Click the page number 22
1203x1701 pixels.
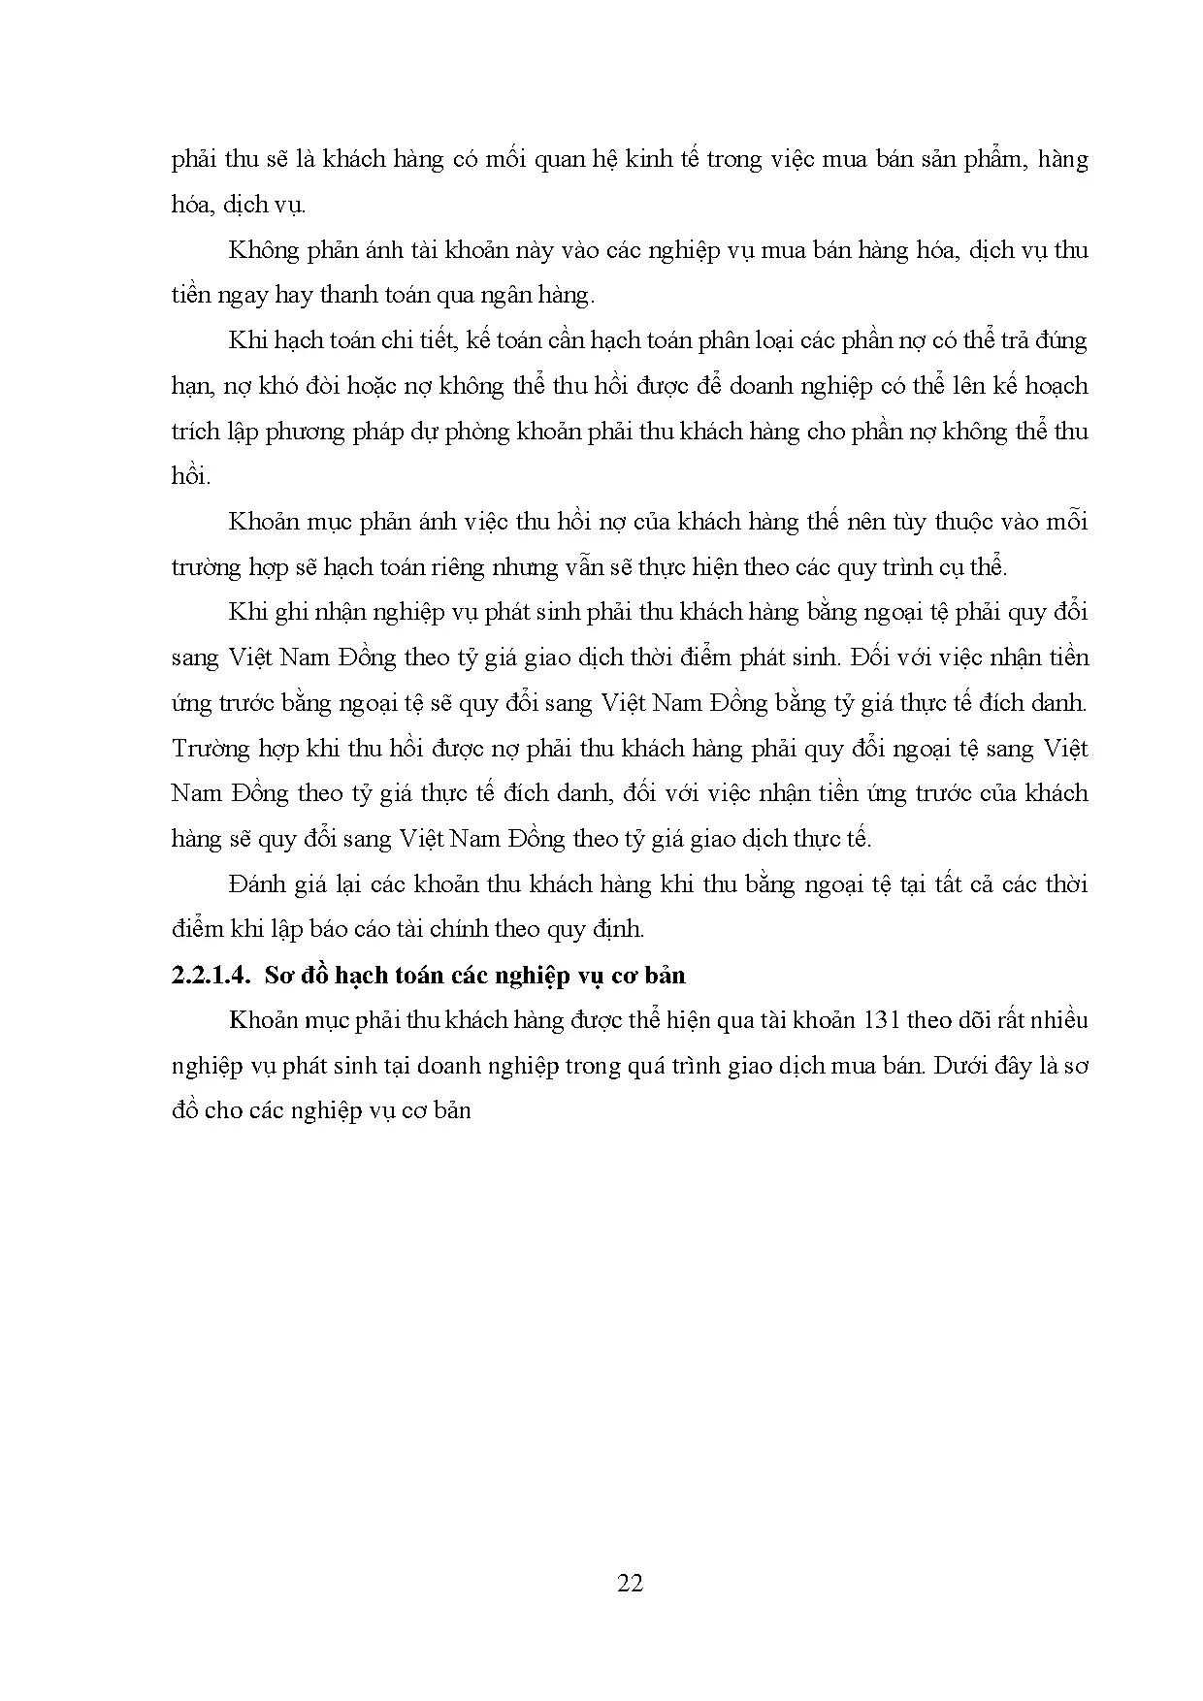[630, 1584]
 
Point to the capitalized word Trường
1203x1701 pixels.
[208, 749]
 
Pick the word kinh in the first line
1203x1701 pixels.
[639, 160]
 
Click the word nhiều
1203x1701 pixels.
[1057, 1020]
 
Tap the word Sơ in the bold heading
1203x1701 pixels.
[279, 976]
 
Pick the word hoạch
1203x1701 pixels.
[1057, 387]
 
